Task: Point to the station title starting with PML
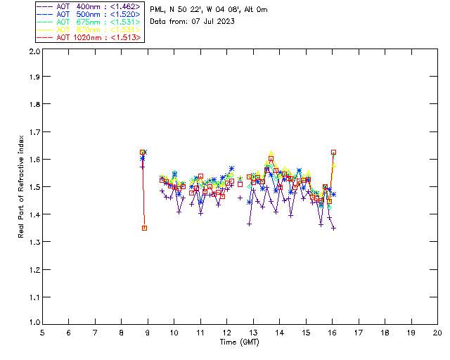[x=208, y=10]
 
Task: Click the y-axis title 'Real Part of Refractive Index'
[x=22, y=186]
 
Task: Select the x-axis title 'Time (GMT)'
[x=240, y=342]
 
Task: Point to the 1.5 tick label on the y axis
[x=34, y=187]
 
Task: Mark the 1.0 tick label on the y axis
[x=34, y=323]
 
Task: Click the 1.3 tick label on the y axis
[x=34, y=242]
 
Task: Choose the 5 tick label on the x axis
[x=42, y=333]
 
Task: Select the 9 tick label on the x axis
[x=148, y=333]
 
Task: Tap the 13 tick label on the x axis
[x=253, y=333]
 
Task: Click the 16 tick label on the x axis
[x=332, y=333]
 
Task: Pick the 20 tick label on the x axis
[x=437, y=333]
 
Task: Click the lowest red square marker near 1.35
[x=144, y=228]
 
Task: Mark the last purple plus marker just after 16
[x=333, y=228]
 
